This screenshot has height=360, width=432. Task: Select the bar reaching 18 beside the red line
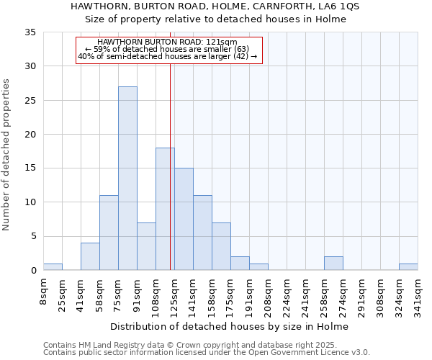click(x=165, y=209)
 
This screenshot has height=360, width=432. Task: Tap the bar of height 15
click(x=184, y=219)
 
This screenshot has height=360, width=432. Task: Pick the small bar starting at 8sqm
click(x=53, y=267)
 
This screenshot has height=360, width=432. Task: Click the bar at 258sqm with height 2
click(x=333, y=264)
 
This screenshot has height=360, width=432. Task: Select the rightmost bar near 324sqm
click(x=408, y=267)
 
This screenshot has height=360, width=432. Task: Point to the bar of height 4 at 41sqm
click(x=90, y=257)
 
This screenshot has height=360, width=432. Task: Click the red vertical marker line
click(x=171, y=144)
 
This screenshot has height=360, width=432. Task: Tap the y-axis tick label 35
click(x=30, y=32)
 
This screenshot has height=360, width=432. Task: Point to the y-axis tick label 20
click(x=30, y=135)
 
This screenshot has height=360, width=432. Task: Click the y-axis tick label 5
click(x=33, y=237)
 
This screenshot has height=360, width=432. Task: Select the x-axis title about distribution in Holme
click(x=230, y=327)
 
